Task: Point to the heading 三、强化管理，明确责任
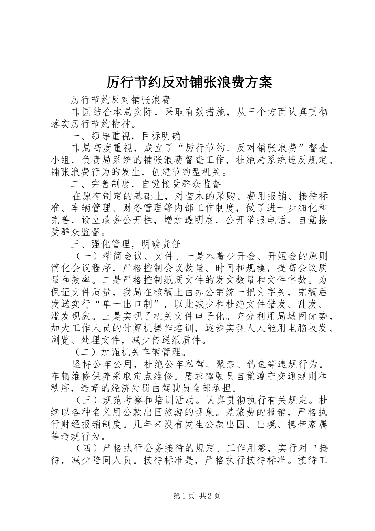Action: [x=126, y=245]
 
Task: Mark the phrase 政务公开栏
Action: [x=126, y=220]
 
